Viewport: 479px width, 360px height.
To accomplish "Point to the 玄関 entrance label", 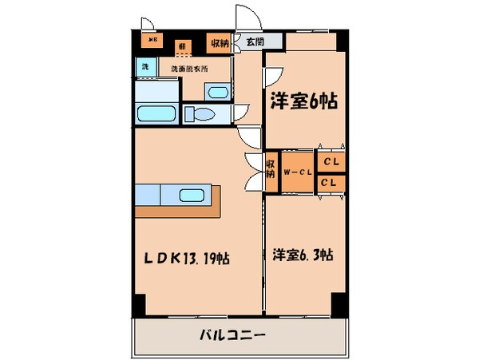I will click(254, 42).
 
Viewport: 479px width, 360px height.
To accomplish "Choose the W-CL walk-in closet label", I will click(297, 172).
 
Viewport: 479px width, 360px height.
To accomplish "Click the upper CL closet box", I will click(331, 160).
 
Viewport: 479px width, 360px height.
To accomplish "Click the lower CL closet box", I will click(331, 183).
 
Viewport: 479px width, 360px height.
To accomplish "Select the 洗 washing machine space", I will click(145, 68).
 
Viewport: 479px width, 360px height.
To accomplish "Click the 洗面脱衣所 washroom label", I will click(189, 69).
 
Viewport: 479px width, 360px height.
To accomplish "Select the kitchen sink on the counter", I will click(192, 195).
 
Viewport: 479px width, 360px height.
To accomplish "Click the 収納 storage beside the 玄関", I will click(217, 43).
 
